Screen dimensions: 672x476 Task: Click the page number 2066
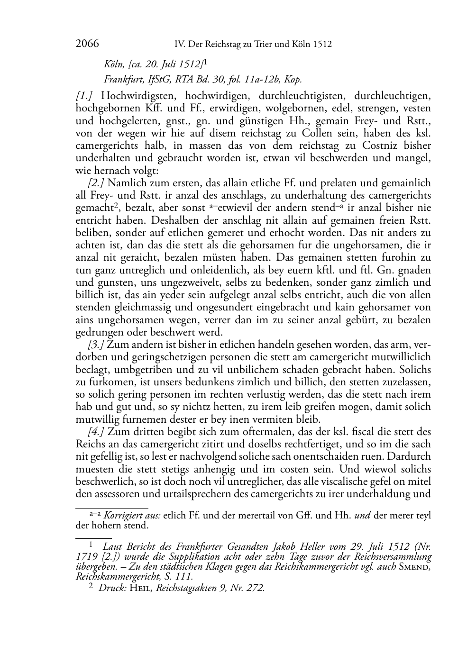(x=87, y=44)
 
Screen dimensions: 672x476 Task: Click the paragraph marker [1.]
(x=83, y=96)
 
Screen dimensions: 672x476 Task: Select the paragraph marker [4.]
(x=96, y=432)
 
